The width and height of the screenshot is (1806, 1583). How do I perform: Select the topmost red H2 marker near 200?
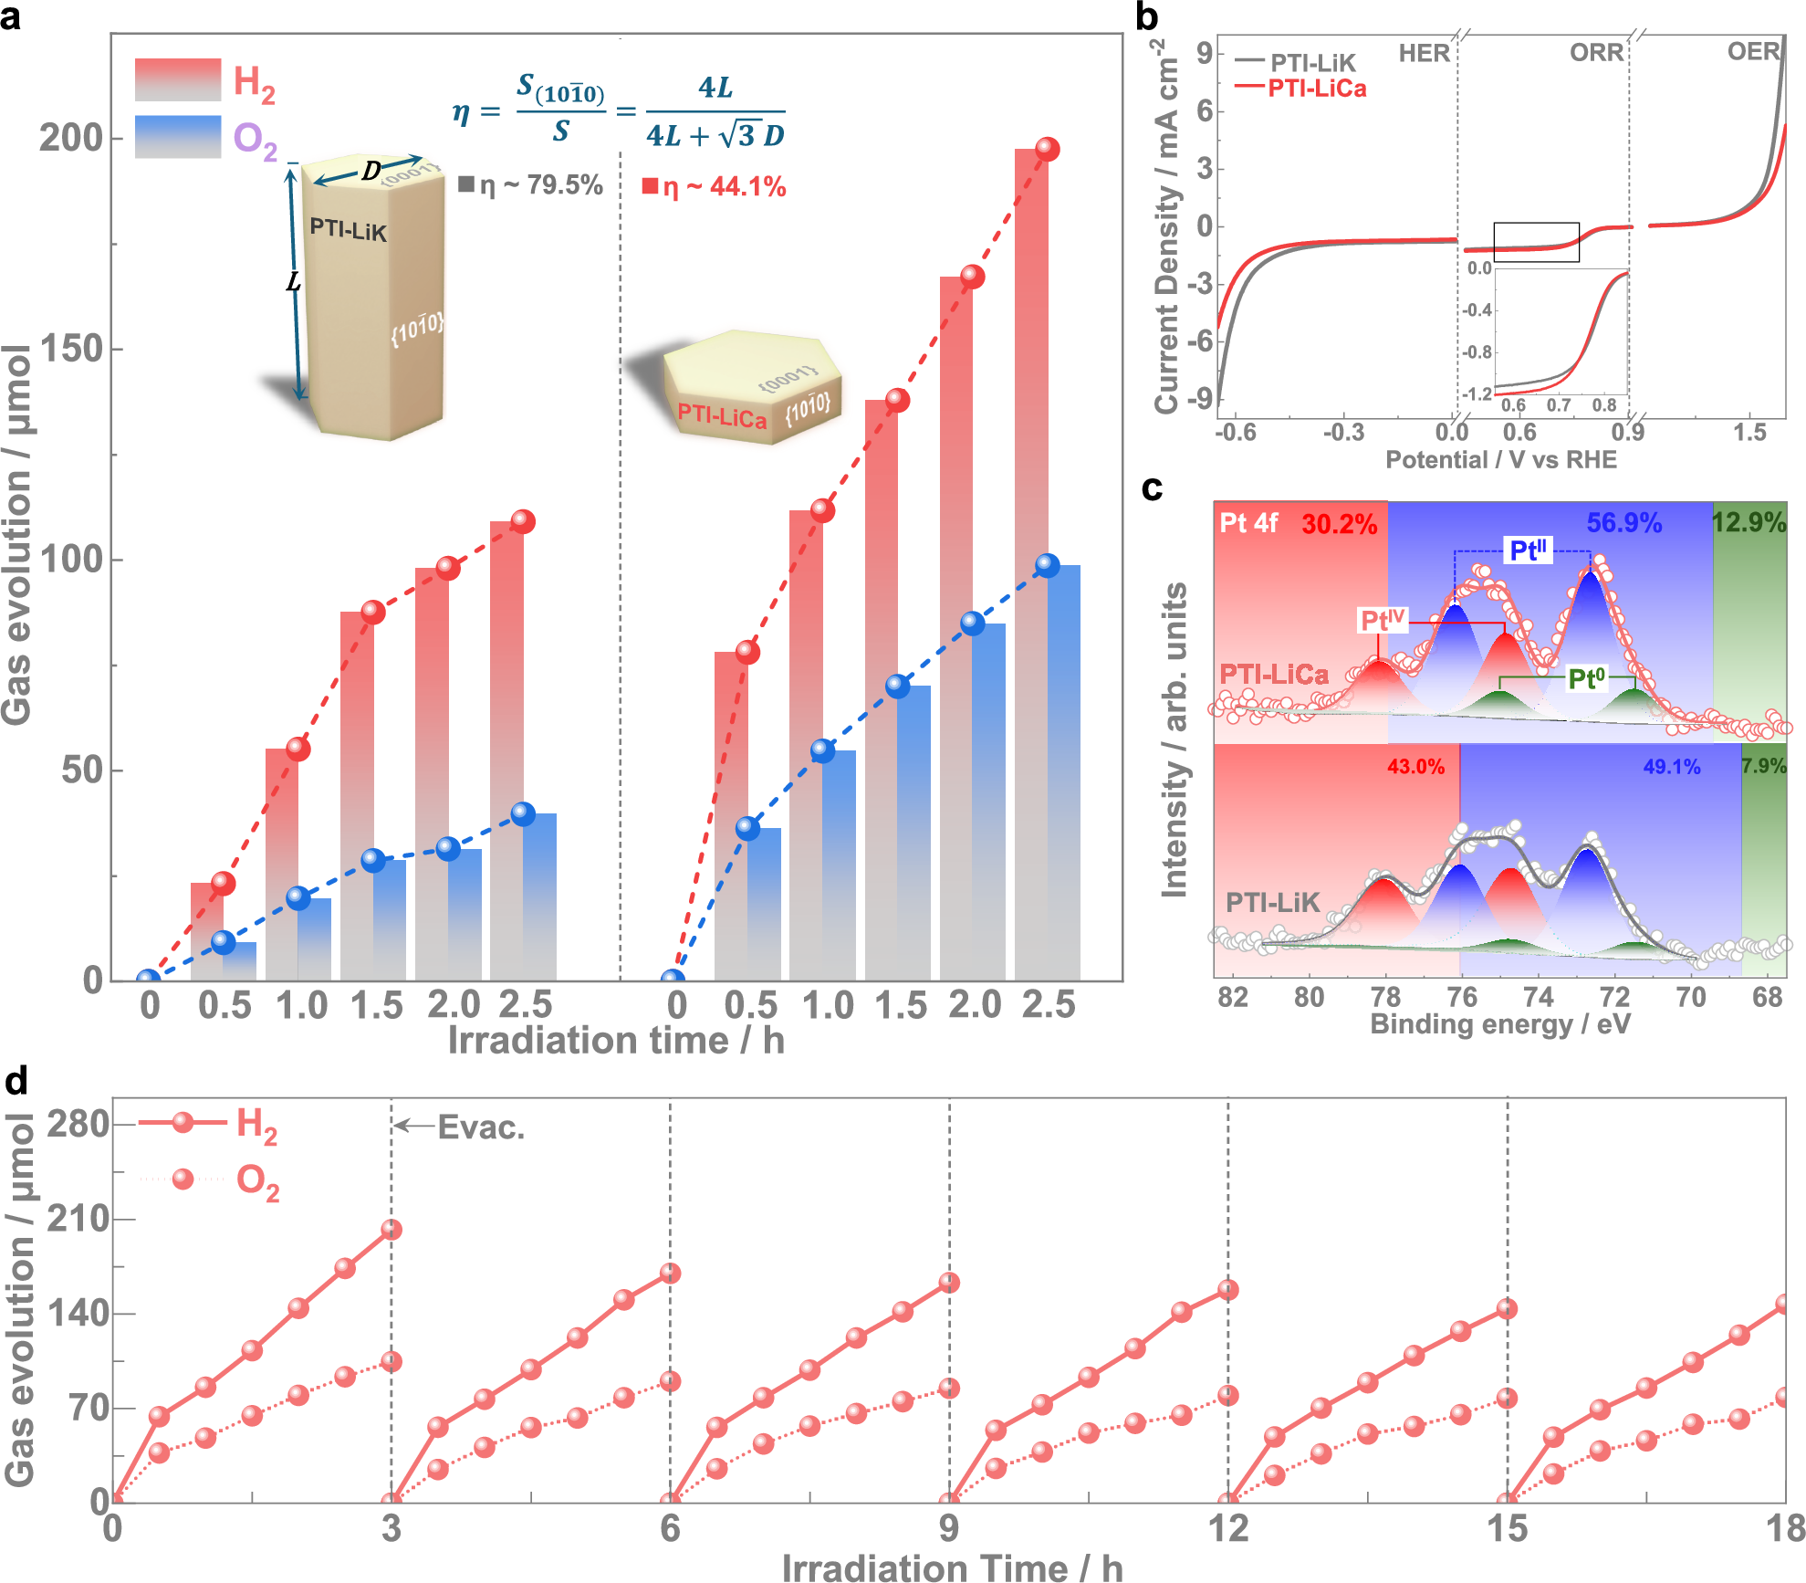click(x=1047, y=149)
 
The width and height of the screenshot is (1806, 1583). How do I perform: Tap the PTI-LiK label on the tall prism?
click(x=348, y=229)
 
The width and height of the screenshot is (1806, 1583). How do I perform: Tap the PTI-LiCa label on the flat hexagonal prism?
click(x=721, y=416)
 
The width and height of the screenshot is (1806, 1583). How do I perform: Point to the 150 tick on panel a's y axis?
click(x=70, y=349)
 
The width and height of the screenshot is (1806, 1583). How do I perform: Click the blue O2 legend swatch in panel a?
click(x=178, y=137)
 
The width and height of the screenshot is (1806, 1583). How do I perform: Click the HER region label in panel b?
click(x=1424, y=54)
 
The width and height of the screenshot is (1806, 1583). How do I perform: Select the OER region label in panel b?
click(x=1753, y=52)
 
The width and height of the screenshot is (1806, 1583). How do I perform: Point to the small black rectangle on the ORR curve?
click(x=1536, y=242)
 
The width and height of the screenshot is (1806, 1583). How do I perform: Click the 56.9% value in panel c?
click(x=1623, y=523)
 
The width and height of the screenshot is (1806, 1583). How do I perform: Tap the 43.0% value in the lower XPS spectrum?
click(x=1415, y=767)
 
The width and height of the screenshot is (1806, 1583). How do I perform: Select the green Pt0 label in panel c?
click(x=1586, y=679)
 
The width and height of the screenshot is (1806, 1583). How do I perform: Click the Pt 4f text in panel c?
click(x=1248, y=523)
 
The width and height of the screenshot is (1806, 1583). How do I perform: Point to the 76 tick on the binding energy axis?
click(x=1462, y=997)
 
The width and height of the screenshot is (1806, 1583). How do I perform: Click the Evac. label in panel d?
click(x=481, y=1127)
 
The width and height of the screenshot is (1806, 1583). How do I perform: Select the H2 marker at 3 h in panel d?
click(x=391, y=1230)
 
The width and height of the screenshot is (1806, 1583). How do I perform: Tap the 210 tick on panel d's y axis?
click(x=78, y=1219)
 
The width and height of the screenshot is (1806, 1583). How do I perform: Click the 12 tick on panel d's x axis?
click(x=1227, y=1528)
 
